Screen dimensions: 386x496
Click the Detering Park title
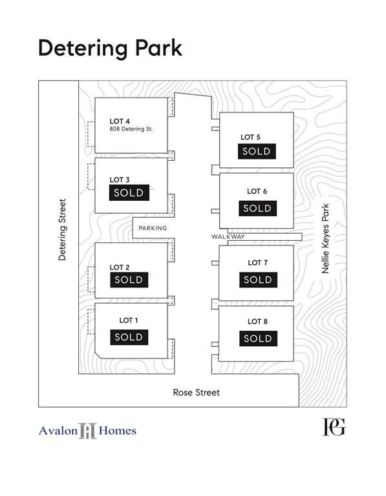[110, 48]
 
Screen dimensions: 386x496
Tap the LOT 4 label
[120, 121]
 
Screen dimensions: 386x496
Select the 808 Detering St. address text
[131, 129]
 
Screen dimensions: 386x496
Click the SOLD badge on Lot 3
[129, 192]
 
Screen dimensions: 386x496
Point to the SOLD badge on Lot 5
[257, 151]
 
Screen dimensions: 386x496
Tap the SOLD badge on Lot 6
[258, 209]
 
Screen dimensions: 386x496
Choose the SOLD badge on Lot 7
[259, 280]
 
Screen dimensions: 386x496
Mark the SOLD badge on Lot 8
[259, 338]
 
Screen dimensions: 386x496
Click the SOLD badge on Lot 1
[129, 337]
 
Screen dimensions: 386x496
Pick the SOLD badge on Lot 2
[129, 280]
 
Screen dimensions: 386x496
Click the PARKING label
[153, 228]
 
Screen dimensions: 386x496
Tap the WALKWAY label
[228, 236]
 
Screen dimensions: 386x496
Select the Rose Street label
[197, 393]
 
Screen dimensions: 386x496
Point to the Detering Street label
[62, 230]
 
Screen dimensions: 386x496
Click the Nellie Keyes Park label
[325, 238]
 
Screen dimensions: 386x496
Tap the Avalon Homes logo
[87, 431]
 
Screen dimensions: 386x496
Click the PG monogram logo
[334, 427]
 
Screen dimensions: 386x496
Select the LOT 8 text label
[257, 322]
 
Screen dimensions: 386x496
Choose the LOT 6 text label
[257, 191]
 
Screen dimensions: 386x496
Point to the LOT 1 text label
[129, 320]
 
